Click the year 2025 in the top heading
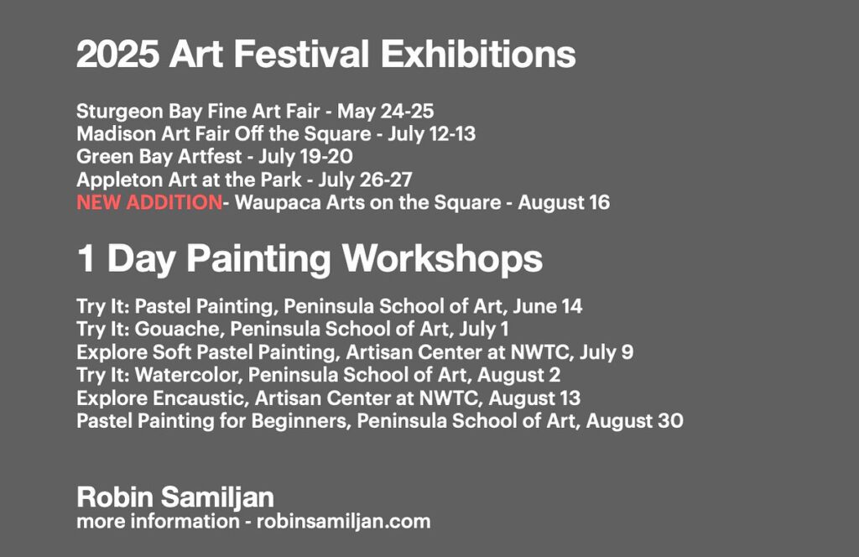[x=117, y=55]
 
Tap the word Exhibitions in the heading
[x=478, y=55]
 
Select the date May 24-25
[x=385, y=112]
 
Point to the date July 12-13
[x=432, y=134]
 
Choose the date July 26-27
[x=365, y=180]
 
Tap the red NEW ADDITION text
[x=149, y=203]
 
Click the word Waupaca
[x=278, y=203]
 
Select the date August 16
[x=564, y=203]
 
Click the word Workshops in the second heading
[x=442, y=258]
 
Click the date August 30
[x=634, y=421]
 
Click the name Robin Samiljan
[x=175, y=497]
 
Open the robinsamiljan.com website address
[x=343, y=522]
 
